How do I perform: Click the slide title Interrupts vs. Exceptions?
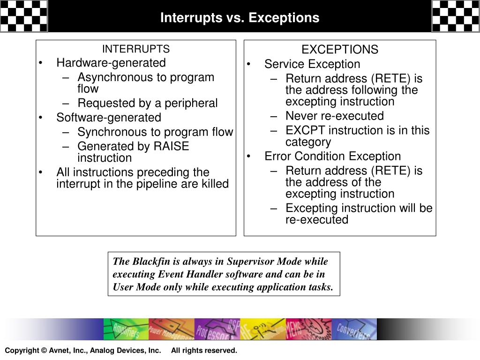coord(240,18)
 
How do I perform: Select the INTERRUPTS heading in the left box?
coord(136,49)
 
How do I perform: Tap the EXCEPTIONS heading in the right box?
coord(339,50)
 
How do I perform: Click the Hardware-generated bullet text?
coord(111,63)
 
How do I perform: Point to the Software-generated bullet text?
coord(108,118)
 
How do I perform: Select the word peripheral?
coord(193,103)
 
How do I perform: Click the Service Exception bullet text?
coord(312,64)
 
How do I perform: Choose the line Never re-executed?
coord(334,116)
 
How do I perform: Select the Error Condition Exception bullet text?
coord(332,156)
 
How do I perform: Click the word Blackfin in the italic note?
coord(149,262)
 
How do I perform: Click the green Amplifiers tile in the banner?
coord(126,329)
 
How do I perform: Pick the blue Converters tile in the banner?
coord(354,329)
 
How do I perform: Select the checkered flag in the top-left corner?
coord(23,16)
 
